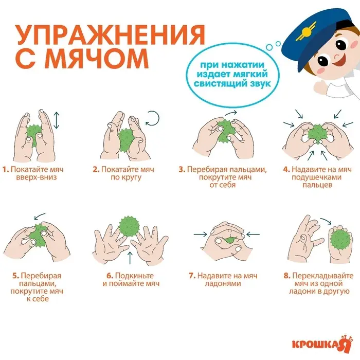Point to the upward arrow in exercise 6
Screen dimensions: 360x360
pos(130,257)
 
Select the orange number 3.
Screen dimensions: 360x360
pos(182,169)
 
